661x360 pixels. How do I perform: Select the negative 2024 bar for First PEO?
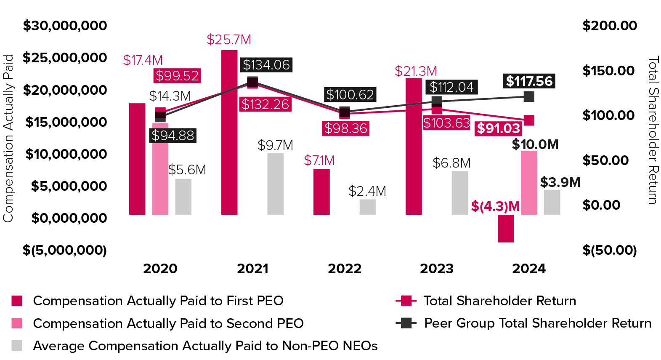506,229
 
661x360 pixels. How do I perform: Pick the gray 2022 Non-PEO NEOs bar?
367,207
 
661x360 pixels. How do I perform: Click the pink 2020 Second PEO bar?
160,168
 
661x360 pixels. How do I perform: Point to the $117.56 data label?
529,81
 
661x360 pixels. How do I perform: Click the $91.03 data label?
499,128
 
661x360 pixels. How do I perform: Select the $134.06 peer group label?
266,65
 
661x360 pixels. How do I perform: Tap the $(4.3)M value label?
495,206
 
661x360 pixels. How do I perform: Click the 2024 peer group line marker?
529,97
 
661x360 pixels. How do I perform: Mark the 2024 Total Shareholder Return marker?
529,120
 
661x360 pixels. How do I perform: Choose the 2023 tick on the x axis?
437,269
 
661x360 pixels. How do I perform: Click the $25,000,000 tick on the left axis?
65,58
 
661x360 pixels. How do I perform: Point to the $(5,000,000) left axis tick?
65,250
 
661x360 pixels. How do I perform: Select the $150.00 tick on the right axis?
608,71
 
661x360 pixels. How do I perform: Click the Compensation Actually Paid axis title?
8,138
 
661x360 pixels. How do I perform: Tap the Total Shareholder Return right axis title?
653,131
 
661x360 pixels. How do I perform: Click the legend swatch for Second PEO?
17,323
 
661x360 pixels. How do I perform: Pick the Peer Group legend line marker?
406,323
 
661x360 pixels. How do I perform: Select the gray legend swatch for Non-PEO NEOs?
17,346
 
